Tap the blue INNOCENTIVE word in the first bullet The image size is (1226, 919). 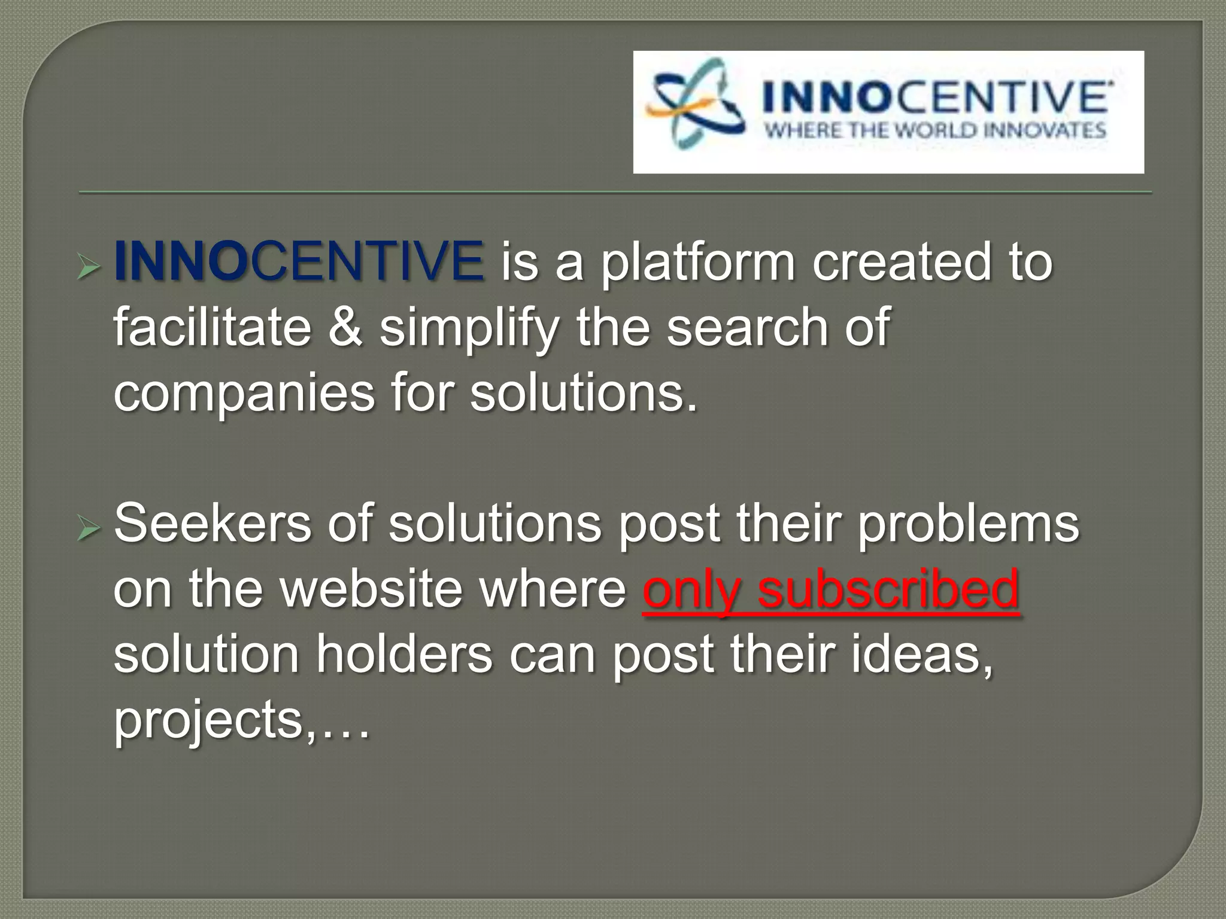point(299,261)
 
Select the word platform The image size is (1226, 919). point(698,263)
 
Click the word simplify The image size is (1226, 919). point(469,329)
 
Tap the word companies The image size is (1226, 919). point(244,394)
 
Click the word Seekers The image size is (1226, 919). point(213,524)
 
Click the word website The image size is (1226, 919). point(371,589)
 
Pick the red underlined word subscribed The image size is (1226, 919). point(888,589)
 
